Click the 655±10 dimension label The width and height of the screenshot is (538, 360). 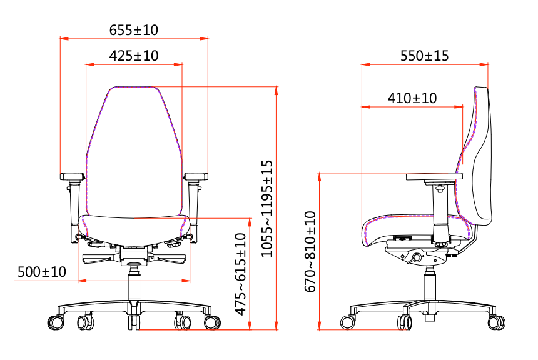pyautogui.click(x=133, y=30)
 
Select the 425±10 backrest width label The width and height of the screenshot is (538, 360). pyautogui.click(x=134, y=56)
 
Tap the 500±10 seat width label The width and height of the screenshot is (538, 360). pyautogui.click(x=41, y=272)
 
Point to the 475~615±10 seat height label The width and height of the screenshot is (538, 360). pyautogui.click(x=240, y=274)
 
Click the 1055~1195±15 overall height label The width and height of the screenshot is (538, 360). pyautogui.click(x=267, y=209)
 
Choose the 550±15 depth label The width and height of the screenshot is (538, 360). pyautogui.click(x=424, y=56)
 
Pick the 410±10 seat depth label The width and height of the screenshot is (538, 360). pyautogui.click(x=412, y=98)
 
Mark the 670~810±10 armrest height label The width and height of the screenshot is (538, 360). pyautogui.click(x=310, y=252)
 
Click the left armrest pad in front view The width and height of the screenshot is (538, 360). pyautogui.click(x=73, y=176)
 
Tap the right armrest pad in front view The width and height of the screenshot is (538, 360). pyautogui.click(x=196, y=176)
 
